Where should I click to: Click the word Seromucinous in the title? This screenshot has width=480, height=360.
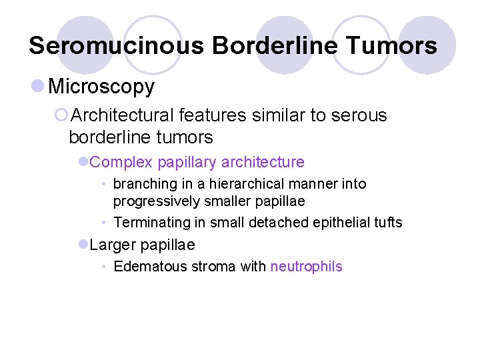117,46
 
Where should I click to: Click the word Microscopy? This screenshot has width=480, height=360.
101,86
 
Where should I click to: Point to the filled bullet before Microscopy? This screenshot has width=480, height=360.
37,86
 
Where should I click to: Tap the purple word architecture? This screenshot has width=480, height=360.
263,162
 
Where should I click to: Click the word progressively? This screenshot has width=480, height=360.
156,201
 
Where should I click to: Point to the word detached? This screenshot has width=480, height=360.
273,223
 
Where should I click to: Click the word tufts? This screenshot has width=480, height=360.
389,223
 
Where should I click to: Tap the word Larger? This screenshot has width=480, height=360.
111,245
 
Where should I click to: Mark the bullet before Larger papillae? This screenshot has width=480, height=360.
83,245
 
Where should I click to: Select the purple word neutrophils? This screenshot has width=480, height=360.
306,267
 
